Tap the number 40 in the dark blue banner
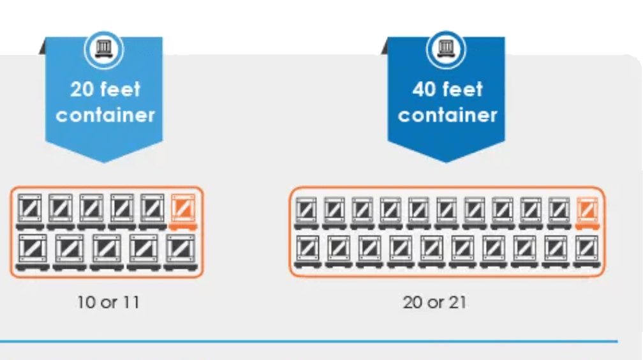(x=424, y=89)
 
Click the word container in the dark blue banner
(x=447, y=115)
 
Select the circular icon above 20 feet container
(x=103, y=49)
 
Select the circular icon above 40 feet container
(x=446, y=49)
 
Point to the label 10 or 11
(x=108, y=302)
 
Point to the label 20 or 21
(x=434, y=302)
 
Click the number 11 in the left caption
(x=129, y=302)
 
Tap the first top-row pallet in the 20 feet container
(x=30, y=211)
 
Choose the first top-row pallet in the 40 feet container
(x=309, y=212)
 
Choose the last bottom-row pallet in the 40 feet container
(x=586, y=251)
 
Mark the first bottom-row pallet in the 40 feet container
(x=309, y=251)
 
